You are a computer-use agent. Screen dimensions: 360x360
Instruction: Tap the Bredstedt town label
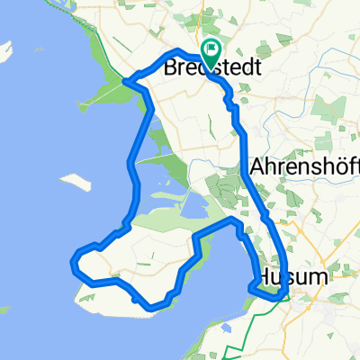(x=211, y=67)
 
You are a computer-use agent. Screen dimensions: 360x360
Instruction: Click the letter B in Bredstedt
(x=173, y=67)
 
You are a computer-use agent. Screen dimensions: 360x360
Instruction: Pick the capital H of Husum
(x=263, y=279)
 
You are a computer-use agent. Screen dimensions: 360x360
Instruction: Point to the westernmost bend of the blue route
(x=72, y=264)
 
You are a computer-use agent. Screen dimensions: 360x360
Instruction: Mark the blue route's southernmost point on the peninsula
(x=153, y=307)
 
